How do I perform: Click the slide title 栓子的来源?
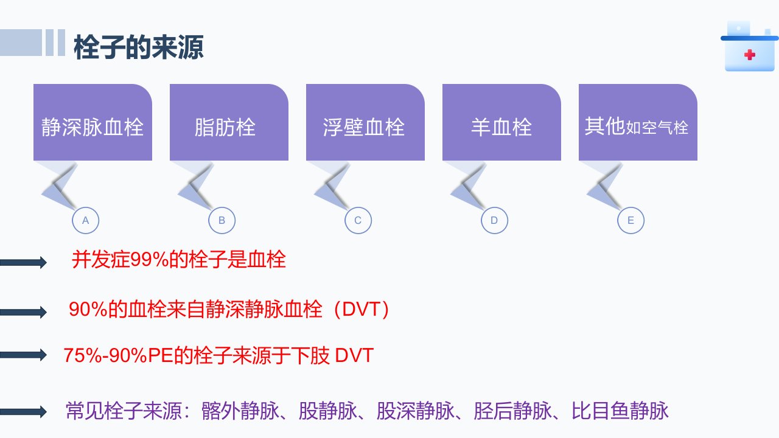(138, 47)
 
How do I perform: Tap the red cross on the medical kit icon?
(749, 55)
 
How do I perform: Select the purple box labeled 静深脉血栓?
(93, 122)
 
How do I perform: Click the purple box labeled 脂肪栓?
(229, 122)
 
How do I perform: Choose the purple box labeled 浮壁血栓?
(365, 122)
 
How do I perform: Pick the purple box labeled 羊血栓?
(501, 122)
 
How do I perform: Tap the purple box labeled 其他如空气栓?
(638, 122)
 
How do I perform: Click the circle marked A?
(86, 207)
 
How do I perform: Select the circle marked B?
(222, 207)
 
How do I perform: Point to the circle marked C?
(358, 207)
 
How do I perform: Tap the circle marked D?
(495, 207)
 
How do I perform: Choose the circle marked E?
(631, 207)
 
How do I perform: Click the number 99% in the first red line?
(150, 260)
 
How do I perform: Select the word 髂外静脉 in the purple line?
(240, 411)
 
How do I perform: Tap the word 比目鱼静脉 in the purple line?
(620, 411)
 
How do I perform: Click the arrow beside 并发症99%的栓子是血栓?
(23, 262)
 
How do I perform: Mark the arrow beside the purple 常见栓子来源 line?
(23, 412)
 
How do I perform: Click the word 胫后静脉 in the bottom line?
(512, 411)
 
